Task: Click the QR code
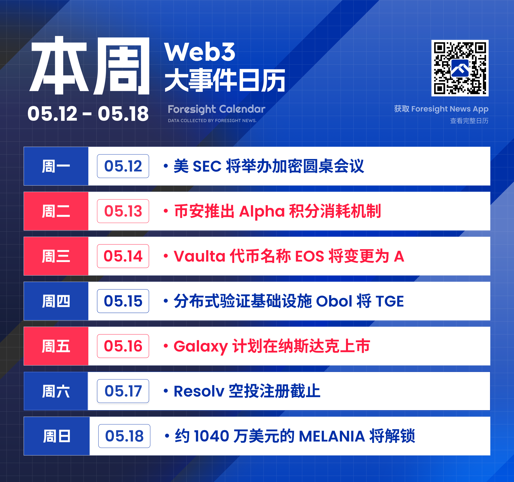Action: pos(460,68)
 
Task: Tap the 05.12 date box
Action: pos(123,166)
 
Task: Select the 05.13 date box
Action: pos(123,211)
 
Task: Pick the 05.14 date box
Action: pos(123,256)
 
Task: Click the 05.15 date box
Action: pos(123,301)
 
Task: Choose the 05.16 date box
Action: pos(123,346)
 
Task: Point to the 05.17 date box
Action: pos(123,391)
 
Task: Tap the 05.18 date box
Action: pos(124,436)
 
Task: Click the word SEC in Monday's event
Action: pos(207,166)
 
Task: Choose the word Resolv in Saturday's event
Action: pos(199,391)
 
